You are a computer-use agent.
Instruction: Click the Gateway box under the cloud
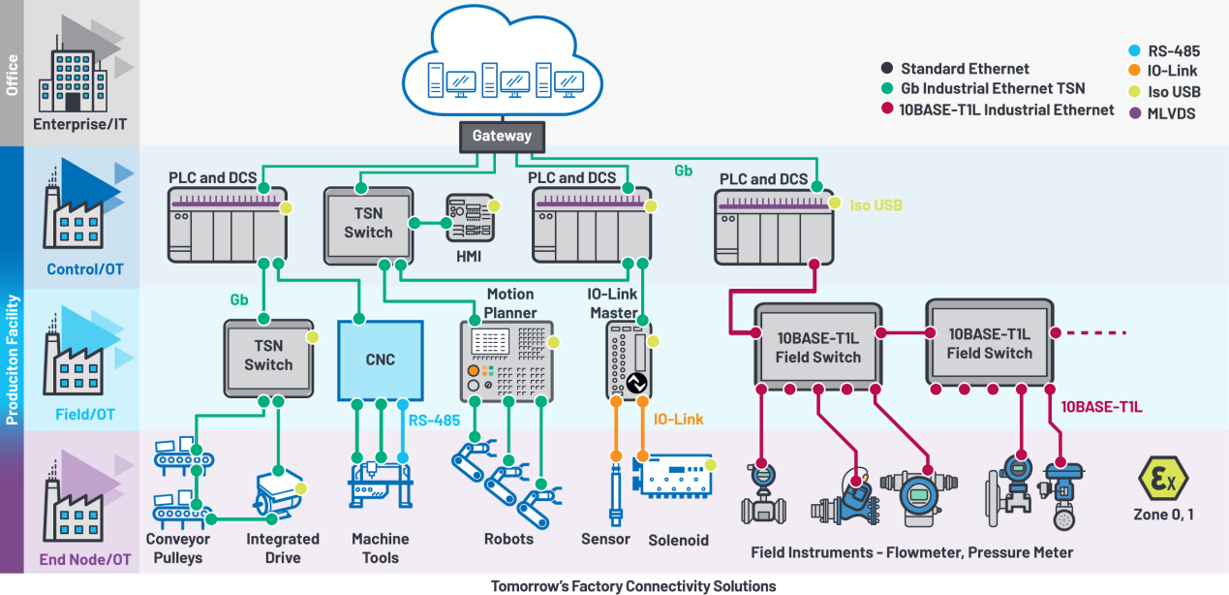coord(502,136)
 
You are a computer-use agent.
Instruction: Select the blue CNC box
coord(381,360)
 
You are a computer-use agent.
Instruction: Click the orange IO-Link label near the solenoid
coord(678,419)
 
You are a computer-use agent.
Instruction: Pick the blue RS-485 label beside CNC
coord(432,421)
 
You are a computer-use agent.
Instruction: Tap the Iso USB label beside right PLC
coord(876,205)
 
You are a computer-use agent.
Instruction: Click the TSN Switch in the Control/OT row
coord(368,223)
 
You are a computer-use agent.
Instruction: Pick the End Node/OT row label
coord(84,559)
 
